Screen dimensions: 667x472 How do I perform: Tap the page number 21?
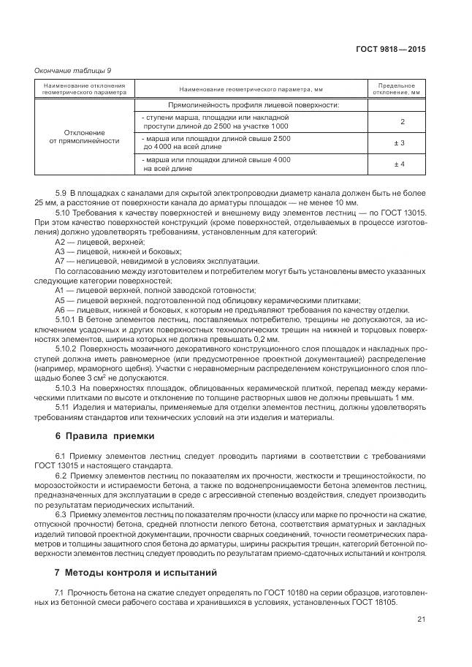click(420, 620)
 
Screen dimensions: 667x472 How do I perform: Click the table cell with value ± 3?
click(399, 142)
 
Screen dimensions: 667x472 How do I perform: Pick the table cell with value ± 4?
click(399, 164)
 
